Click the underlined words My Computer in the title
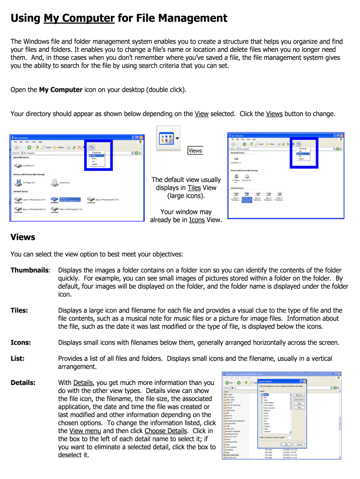click(79, 19)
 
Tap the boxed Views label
click(195, 150)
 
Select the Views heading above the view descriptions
click(23, 237)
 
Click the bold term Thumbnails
click(30, 270)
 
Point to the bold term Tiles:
click(19, 311)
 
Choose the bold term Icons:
click(21, 343)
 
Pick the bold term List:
click(17, 359)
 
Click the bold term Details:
click(23, 383)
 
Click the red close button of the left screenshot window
click(141, 138)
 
